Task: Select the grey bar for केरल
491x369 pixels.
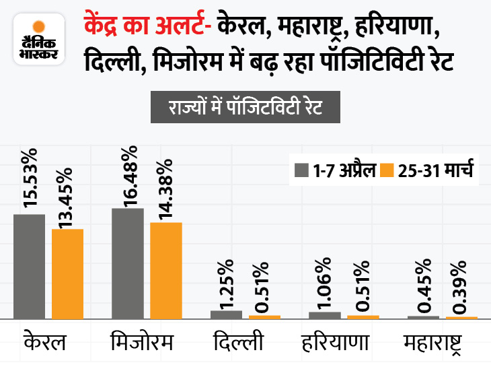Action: [29, 266]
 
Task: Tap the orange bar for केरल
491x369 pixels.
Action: [67, 273]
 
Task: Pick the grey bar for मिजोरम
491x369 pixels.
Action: [128, 263]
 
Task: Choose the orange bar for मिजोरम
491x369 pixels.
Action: [166, 270]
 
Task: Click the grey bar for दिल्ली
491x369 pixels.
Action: [226, 314]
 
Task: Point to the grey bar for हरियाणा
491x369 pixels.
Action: [325, 315]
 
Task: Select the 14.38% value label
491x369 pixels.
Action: [166, 189]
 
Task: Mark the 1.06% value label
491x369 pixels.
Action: [326, 283]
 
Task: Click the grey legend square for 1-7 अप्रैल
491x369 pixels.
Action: [299, 169]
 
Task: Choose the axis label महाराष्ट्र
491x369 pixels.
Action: [439, 343]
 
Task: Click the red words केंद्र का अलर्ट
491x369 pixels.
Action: [145, 26]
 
